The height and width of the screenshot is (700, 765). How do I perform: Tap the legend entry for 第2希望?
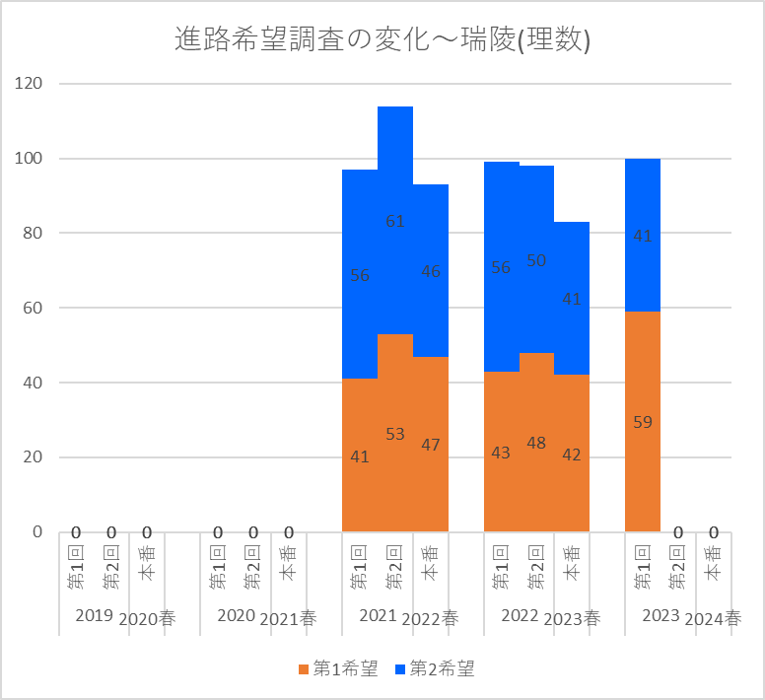point(434,669)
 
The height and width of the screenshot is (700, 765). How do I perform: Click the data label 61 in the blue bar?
point(395,221)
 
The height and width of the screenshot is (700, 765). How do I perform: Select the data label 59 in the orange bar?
point(643,422)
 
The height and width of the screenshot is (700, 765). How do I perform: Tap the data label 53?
point(395,434)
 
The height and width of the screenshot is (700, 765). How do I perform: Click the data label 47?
point(431,445)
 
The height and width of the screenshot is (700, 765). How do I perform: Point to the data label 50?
point(536,260)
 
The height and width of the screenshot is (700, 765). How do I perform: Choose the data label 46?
point(431,271)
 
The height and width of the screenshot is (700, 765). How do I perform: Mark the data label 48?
point(536,443)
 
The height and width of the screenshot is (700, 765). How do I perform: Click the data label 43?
point(501,453)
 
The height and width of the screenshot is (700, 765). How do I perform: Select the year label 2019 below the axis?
point(95,616)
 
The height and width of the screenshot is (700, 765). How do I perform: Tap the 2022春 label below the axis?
point(431,618)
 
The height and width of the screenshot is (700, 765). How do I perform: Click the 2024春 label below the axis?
point(714,618)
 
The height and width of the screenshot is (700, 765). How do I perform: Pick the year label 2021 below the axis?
point(378,616)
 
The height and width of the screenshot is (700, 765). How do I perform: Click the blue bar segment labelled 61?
point(395,168)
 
